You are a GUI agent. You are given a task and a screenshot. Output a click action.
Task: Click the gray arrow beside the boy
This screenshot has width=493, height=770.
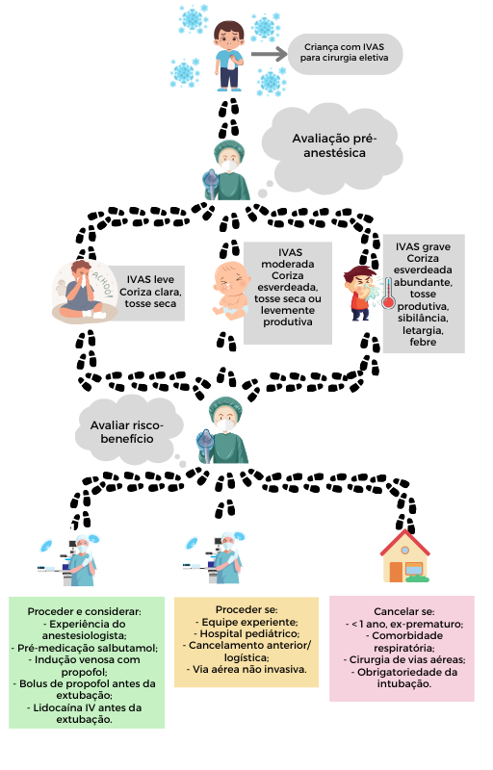coord(269,54)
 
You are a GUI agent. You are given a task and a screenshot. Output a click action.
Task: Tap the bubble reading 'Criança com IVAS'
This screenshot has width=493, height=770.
coord(345,54)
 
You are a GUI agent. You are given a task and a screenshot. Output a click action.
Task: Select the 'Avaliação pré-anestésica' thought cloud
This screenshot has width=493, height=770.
coord(334,145)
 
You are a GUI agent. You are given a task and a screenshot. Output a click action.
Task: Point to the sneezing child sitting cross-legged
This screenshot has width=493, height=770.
coord(84,292)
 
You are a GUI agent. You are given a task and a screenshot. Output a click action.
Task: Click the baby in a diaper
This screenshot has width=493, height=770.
coord(230,291)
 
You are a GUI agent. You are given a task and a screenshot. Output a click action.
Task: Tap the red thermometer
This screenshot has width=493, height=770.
coord(388,294)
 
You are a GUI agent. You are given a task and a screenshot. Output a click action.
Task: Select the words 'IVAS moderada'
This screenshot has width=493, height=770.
coord(289,258)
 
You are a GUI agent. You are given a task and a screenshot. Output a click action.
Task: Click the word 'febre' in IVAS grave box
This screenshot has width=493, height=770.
coord(423,342)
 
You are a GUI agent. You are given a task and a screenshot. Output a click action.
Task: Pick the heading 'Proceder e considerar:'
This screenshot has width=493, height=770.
coord(85,611)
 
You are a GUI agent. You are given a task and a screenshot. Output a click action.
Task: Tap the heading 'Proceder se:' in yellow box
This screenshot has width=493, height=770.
coord(246,609)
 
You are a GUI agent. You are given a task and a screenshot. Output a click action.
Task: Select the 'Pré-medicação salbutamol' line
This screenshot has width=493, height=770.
coord(85,648)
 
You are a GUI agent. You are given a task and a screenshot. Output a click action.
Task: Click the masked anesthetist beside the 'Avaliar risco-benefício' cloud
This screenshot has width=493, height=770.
coord(223,430)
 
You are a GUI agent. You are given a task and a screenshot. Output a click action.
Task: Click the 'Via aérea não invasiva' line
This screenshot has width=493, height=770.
coord(246,669)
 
